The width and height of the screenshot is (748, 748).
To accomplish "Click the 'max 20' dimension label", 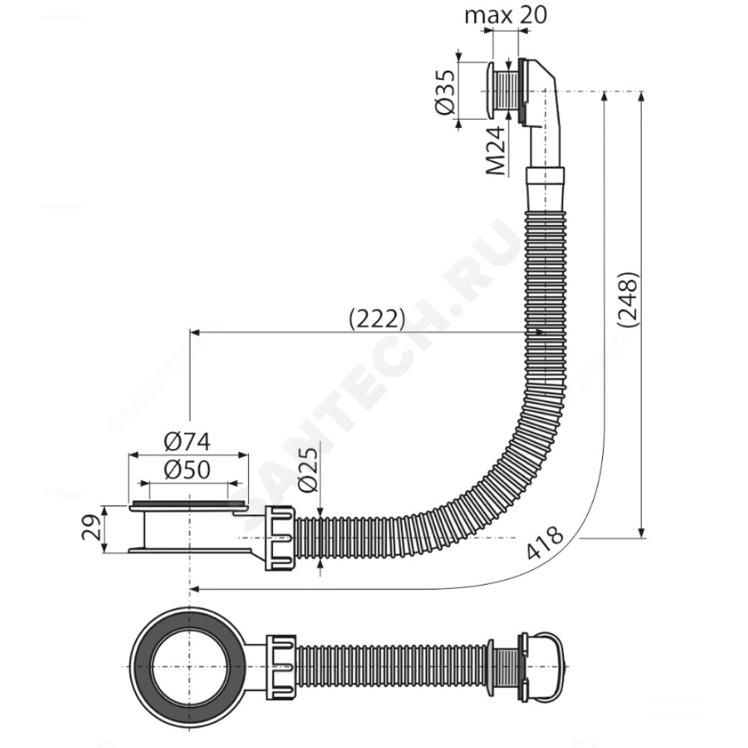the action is click(506, 15).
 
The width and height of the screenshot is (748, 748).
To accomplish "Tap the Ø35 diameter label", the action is click(444, 92).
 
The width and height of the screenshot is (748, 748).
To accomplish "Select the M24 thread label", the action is click(496, 151).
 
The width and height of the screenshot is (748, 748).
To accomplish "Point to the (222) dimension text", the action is click(377, 319).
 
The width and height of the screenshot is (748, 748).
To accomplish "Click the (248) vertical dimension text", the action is click(627, 300).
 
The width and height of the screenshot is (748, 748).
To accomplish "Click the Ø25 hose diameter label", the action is click(307, 469).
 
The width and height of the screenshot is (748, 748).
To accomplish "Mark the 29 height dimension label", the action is click(91, 527).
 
